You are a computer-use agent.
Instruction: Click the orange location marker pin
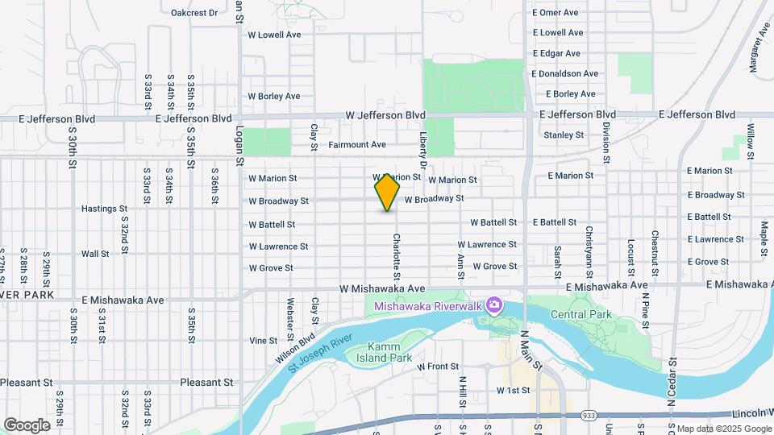[x=387, y=192]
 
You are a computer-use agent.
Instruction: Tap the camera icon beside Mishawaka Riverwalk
[x=493, y=305]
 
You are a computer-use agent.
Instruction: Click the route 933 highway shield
[x=589, y=415]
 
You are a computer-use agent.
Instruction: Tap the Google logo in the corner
[x=27, y=425]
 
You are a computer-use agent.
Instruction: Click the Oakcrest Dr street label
[x=194, y=13]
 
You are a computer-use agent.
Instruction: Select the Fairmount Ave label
[x=357, y=145]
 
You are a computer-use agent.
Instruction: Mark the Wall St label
[x=95, y=254]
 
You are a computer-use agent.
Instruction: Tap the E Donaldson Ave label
[x=564, y=73]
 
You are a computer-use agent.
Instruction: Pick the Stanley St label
[x=564, y=135]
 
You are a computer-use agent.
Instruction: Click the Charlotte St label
[x=397, y=252]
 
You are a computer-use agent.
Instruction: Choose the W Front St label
[x=438, y=367]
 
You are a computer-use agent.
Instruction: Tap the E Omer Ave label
[x=556, y=13]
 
